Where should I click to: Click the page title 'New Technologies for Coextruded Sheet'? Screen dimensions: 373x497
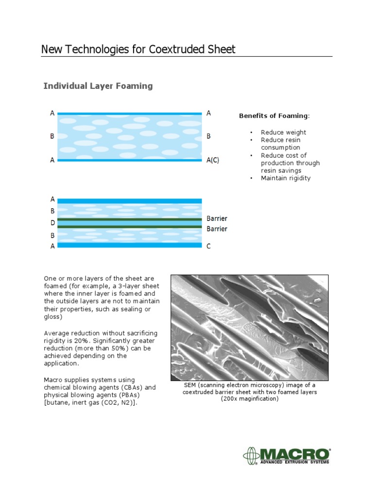(138, 49)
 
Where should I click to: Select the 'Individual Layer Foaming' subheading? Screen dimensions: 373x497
(98, 86)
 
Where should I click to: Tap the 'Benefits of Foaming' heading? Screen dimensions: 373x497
(273, 116)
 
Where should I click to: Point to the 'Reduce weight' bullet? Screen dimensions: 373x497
(283, 132)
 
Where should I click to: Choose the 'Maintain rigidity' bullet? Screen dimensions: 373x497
(286, 178)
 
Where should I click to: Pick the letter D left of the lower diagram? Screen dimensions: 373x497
(52, 223)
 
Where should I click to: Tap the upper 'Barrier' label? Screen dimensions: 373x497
(217, 218)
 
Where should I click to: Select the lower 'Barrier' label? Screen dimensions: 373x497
(217, 229)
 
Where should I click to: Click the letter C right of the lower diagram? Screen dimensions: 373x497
(209, 246)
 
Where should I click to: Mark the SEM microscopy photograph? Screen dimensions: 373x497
(249, 328)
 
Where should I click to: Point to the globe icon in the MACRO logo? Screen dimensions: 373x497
(251, 456)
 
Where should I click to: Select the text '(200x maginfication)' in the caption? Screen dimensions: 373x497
(250, 398)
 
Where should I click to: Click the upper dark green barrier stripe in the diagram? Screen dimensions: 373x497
(129, 219)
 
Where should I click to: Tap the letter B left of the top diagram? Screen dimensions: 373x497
(52, 137)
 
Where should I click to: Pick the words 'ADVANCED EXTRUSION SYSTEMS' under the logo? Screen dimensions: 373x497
(294, 462)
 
